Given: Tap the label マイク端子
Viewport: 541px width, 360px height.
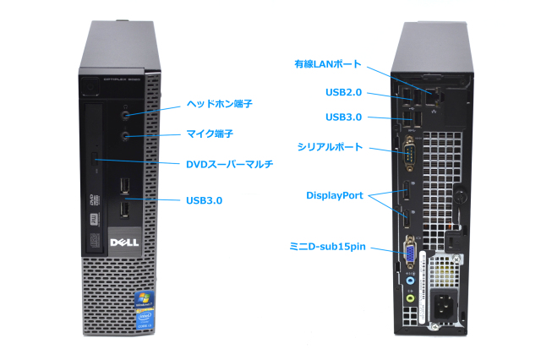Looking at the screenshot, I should tap(209, 134).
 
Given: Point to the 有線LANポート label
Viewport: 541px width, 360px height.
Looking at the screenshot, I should tap(328, 63).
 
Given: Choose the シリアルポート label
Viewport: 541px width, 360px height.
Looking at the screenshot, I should tap(330, 147).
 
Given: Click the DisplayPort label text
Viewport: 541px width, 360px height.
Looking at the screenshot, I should tap(335, 196).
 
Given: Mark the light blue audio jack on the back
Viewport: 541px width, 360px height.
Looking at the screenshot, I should tap(410, 283).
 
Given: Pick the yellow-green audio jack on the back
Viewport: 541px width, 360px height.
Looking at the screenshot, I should tap(411, 297).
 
